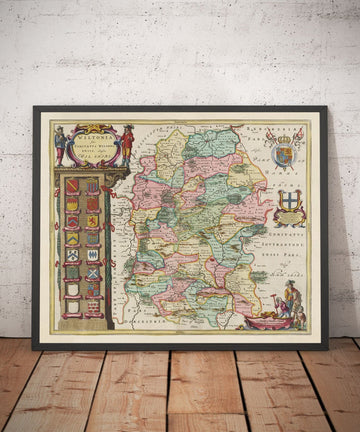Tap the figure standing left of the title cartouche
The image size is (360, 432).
click(x=59, y=143)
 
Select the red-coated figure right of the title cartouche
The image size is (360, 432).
click(x=127, y=141)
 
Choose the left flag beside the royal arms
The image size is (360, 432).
click(x=268, y=135)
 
